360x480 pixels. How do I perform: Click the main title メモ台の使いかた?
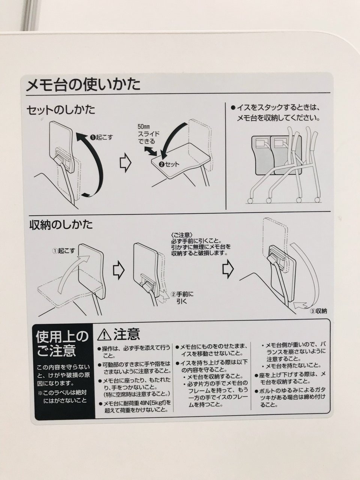point(83,85)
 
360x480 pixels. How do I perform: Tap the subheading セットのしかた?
point(61,110)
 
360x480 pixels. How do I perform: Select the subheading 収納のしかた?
point(61,225)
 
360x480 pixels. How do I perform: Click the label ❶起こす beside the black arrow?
point(102,138)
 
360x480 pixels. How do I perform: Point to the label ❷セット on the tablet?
point(169,164)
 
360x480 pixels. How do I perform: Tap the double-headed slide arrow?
point(150,151)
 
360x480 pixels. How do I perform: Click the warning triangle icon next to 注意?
point(104,335)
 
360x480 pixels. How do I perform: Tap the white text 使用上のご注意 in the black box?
point(62,343)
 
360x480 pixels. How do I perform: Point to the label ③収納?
point(318,311)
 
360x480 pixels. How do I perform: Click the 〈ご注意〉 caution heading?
point(182,235)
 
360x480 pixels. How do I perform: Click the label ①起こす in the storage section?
point(63,251)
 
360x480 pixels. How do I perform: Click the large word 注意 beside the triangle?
point(126,334)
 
